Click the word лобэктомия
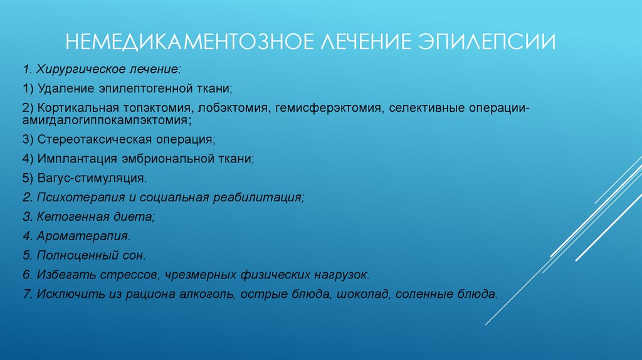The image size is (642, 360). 235,109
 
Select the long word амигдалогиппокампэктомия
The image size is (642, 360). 105,119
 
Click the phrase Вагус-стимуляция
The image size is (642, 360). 92,178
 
